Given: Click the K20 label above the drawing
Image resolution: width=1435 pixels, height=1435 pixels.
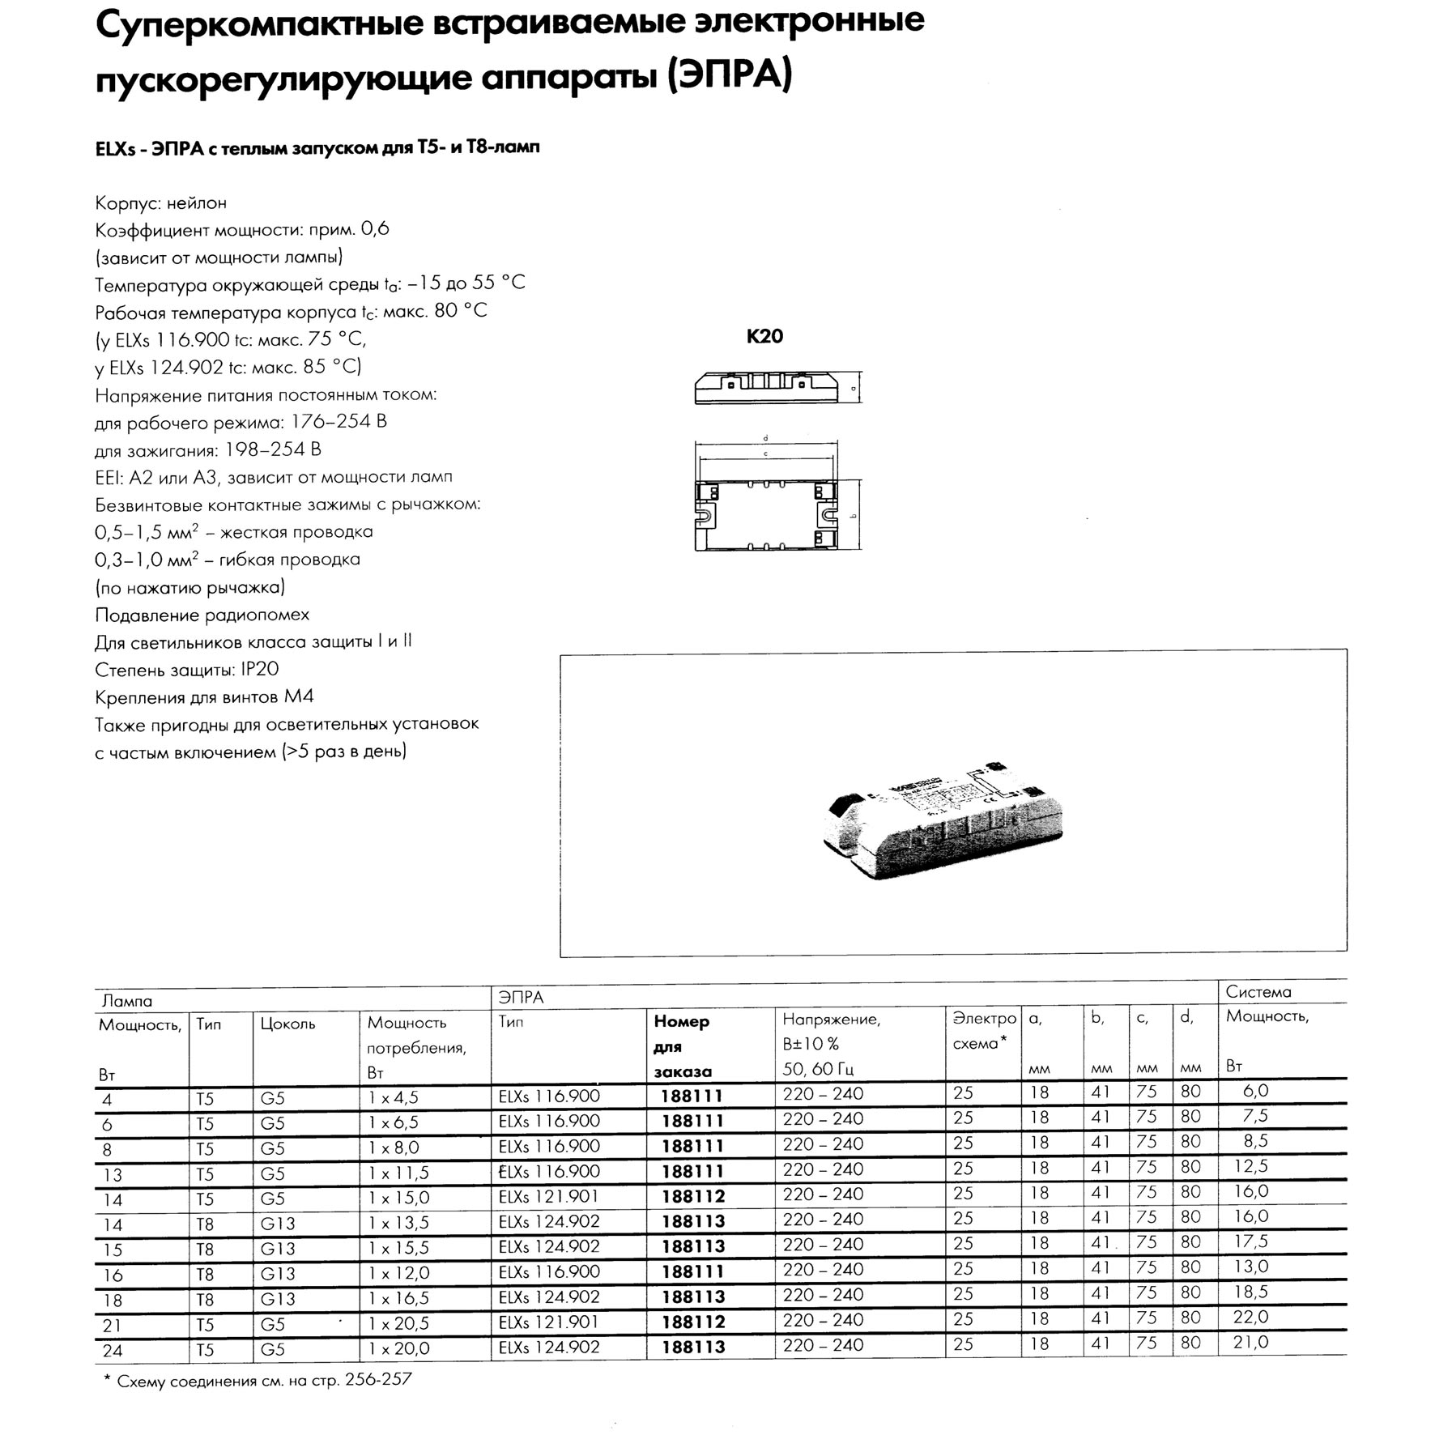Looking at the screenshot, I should click(764, 336).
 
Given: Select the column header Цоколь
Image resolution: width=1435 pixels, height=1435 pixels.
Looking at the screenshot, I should click(287, 1024).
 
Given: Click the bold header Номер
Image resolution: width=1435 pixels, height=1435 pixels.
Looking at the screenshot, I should click(681, 1022).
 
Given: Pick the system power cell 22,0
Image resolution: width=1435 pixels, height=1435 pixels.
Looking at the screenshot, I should click(1250, 1318).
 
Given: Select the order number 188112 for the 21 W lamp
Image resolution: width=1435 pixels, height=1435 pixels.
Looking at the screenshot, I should click(692, 1322).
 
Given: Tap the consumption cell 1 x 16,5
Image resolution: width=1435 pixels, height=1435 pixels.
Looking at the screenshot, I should click(399, 1298).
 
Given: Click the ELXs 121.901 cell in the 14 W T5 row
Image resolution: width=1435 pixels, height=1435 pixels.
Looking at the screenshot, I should click(549, 1197).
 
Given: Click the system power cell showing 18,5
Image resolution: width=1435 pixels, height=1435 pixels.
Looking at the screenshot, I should click(1250, 1292).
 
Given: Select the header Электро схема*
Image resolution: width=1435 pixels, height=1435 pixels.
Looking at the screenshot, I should click(982, 1031).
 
